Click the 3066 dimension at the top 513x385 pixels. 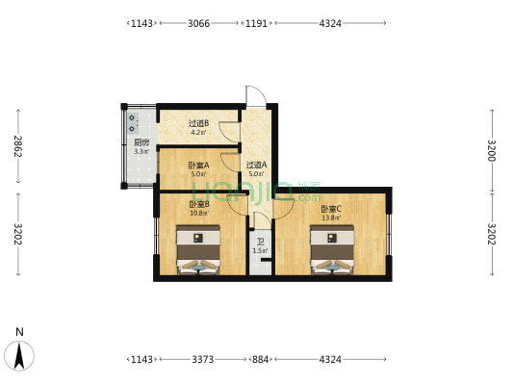pyautogui.click(x=198, y=23)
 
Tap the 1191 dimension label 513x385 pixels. pyautogui.click(x=256, y=23)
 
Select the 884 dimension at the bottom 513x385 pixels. pyautogui.click(x=261, y=359)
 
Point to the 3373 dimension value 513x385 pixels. pyautogui.click(x=202, y=359)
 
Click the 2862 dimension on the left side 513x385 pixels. pyautogui.click(x=18, y=146)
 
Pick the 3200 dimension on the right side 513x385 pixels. pyautogui.click(x=492, y=150)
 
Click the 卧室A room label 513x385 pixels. pyautogui.click(x=198, y=166)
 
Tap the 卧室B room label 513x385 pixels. pyautogui.click(x=199, y=204)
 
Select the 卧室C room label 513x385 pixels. pyautogui.click(x=331, y=209)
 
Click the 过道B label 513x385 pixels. pyautogui.click(x=198, y=123)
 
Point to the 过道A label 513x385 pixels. pyautogui.click(x=256, y=165)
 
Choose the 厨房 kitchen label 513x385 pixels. pyautogui.click(x=141, y=142)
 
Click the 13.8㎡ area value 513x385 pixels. pyautogui.click(x=331, y=218)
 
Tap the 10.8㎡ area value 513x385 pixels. pyautogui.click(x=199, y=214)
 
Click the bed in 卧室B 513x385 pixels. pyautogui.click(x=198, y=249)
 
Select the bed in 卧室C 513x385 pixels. pyautogui.click(x=332, y=249)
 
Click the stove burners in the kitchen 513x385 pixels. pyautogui.click(x=133, y=123)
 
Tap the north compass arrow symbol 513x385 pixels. pyautogui.click(x=19, y=356)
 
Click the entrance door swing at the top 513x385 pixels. pyautogui.click(x=256, y=96)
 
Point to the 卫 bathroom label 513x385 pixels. pyautogui.click(x=261, y=242)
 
